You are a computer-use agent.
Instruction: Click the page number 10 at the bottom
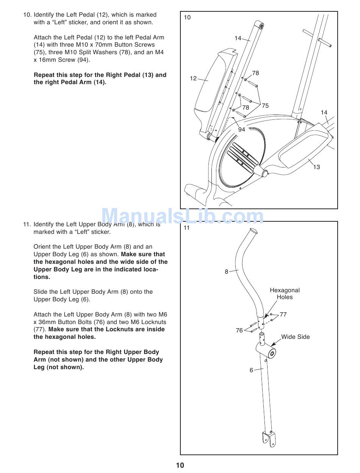click(x=180, y=465)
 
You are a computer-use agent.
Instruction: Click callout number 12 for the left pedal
click(x=193, y=78)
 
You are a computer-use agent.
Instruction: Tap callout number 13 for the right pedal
click(x=316, y=167)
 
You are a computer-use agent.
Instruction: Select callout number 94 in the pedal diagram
click(x=242, y=130)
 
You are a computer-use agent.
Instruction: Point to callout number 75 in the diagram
click(x=265, y=106)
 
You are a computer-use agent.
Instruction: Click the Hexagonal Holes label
click(x=285, y=294)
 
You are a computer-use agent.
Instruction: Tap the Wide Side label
click(x=295, y=337)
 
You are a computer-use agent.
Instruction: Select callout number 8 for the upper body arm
click(x=227, y=272)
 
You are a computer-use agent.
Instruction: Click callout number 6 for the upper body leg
click(x=251, y=370)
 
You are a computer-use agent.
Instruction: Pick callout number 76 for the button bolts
click(x=239, y=330)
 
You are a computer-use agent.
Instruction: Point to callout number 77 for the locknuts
click(x=283, y=315)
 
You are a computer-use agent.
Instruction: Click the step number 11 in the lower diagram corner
click(x=186, y=228)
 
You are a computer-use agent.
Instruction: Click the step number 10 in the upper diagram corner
click(x=187, y=17)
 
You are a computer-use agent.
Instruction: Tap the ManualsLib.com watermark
click(x=183, y=217)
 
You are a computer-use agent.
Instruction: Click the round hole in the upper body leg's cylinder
click(x=271, y=354)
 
